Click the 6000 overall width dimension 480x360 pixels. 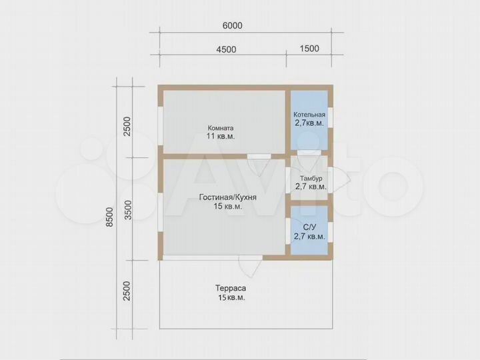tap(233, 26)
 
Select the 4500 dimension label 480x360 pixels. tap(226, 49)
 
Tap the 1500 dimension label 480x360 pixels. tap(309, 49)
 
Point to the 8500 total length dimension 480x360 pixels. tap(109, 217)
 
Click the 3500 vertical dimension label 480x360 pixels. tap(128, 210)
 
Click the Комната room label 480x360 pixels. tap(221, 128)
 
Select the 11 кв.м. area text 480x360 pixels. tap(221, 136)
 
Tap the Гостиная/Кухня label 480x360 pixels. tap(228, 197)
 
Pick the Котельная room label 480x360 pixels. tap(309, 115)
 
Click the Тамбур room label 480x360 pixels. tap(311, 178)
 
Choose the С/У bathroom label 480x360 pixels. tap(309, 227)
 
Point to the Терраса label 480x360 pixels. tap(231, 288)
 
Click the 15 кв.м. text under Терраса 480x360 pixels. tap(232, 297)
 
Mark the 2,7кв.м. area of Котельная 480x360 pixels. tap(309, 123)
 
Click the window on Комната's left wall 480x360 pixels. tap(161, 126)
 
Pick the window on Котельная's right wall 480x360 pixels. tap(330, 118)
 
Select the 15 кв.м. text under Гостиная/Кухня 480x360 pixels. tap(228, 206)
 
